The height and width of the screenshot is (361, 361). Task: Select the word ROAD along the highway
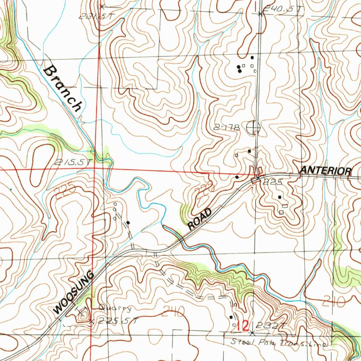point(200,219)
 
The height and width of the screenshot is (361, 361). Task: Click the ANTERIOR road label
point(325,171)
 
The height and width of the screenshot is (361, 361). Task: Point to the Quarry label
point(115,309)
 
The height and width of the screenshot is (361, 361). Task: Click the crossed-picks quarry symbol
point(82,311)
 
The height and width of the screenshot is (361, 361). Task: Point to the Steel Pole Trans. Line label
point(280,342)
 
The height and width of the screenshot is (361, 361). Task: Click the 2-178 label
point(226,127)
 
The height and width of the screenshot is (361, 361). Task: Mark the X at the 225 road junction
point(258,178)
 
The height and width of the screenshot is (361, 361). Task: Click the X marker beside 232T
point(252,332)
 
